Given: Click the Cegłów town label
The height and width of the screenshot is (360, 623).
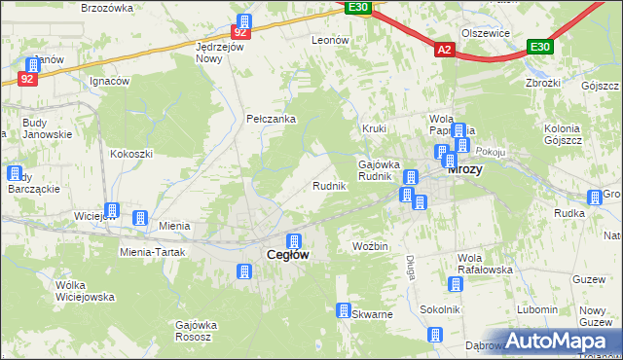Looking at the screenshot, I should click(x=288, y=255).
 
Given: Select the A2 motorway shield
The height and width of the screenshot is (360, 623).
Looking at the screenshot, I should click(x=445, y=49).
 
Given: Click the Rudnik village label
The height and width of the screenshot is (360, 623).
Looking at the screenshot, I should click(x=329, y=186).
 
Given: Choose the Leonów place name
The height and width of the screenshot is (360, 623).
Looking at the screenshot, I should click(x=329, y=40).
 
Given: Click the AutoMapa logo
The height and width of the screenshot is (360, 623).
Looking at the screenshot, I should click(x=558, y=342).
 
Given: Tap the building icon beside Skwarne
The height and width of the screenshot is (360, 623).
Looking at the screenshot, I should click(x=344, y=310).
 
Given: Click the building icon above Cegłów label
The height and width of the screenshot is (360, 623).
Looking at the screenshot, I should click(x=293, y=240).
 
